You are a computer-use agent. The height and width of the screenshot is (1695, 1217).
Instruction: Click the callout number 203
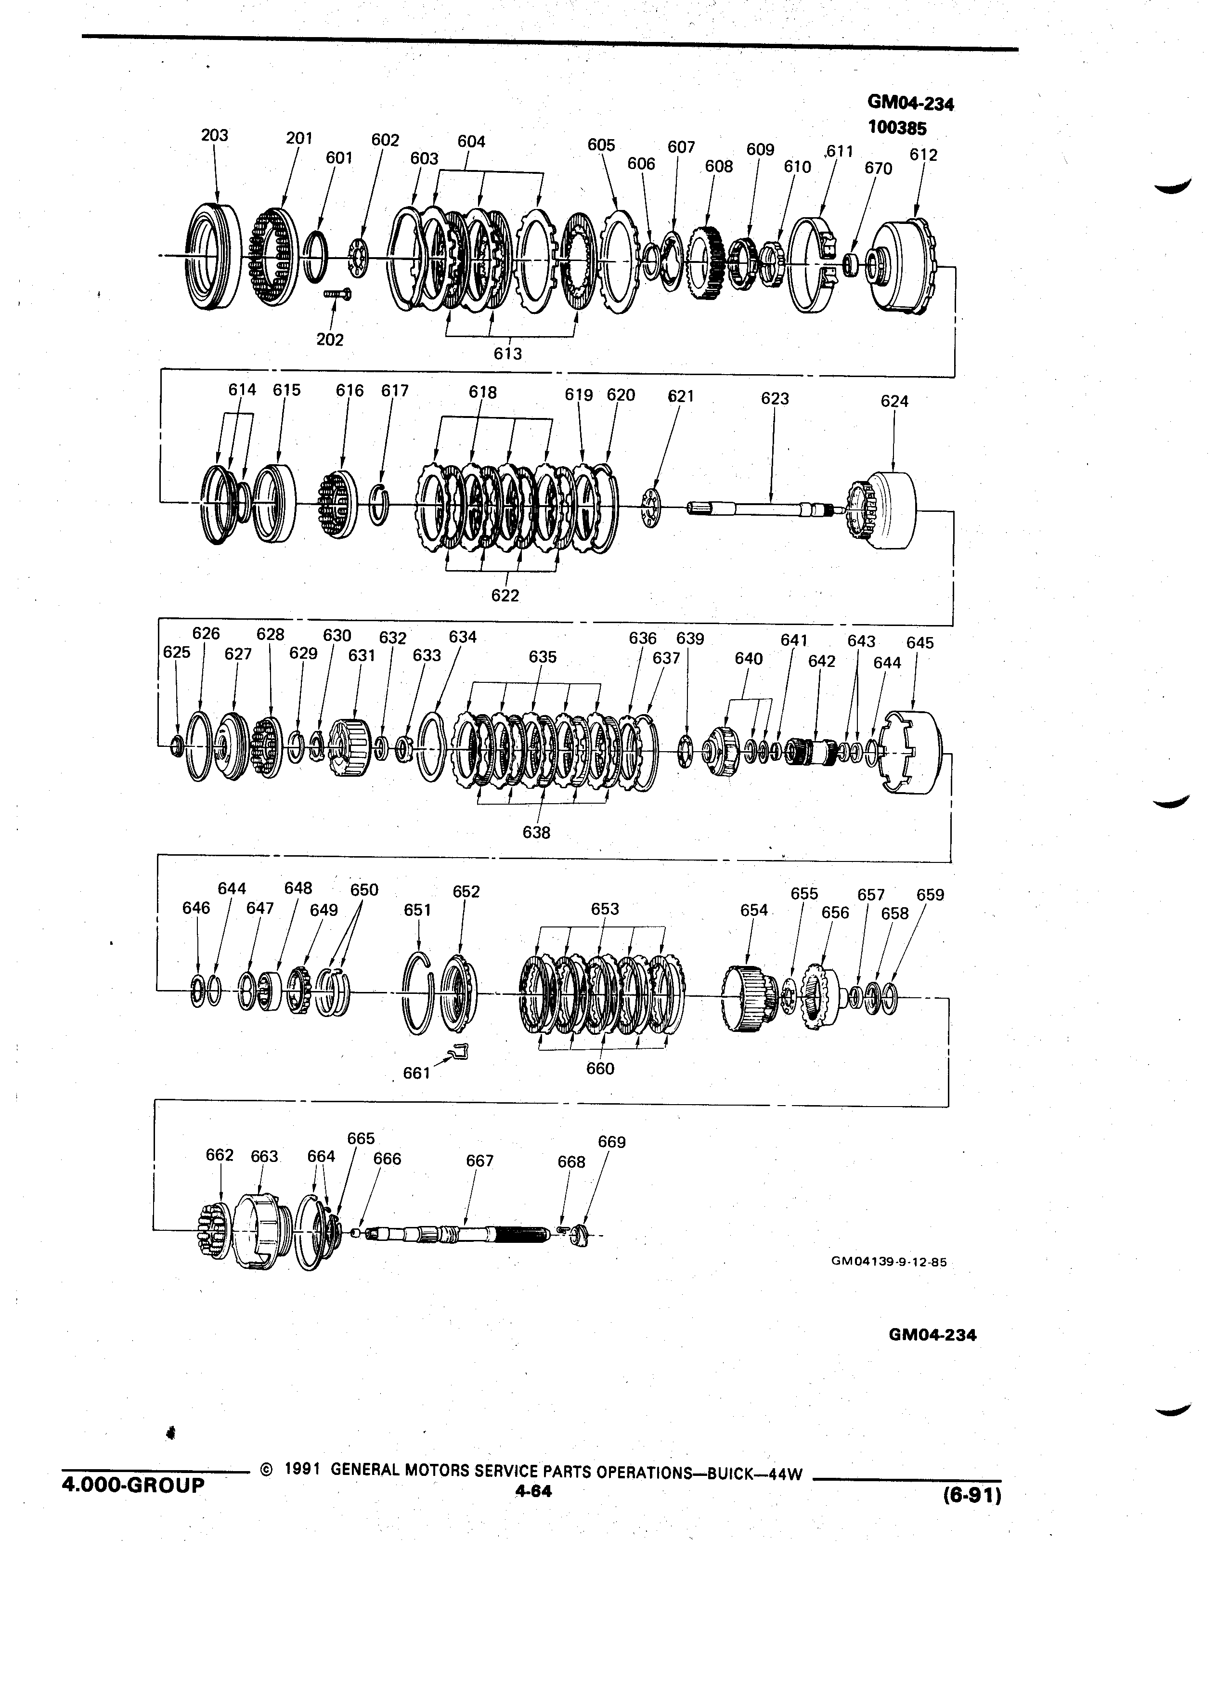(x=214, y=135)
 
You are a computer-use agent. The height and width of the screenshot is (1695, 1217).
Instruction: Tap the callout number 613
(x=507, y=353)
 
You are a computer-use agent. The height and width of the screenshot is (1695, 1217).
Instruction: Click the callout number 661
(x=416, y=1073)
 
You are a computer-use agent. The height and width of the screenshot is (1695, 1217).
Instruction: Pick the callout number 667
(x=479, y=1160)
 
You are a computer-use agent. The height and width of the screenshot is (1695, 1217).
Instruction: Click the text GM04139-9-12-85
(x=888, y=1262)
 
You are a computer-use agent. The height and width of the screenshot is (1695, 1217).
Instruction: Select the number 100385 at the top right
(x=896, y=127)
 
